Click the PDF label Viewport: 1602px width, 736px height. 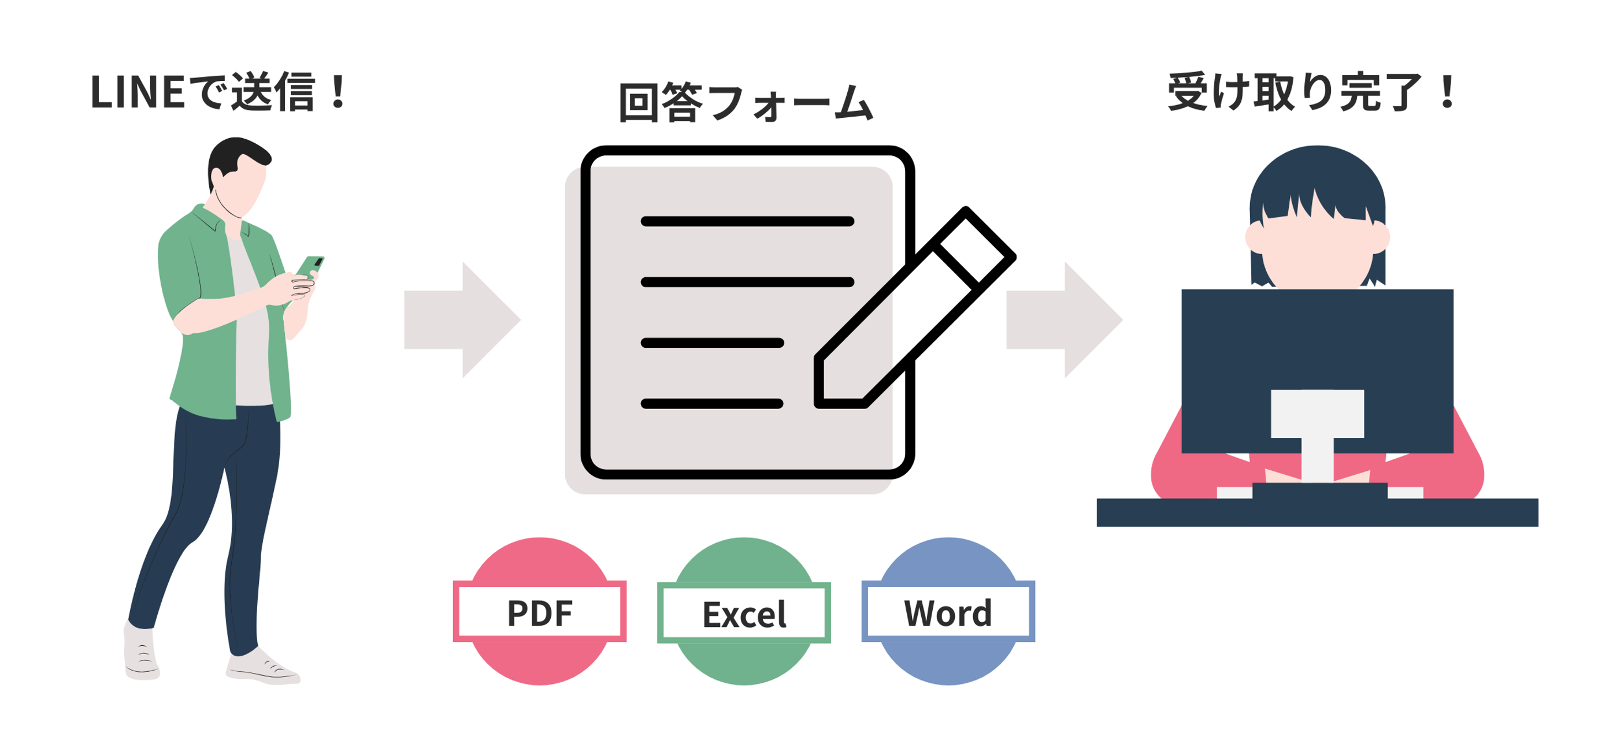(x=539, y=612)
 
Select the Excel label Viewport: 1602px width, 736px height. (x=744, y=614)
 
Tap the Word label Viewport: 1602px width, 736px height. (x=948, y=612)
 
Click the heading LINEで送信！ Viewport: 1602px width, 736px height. (x=218, y=92)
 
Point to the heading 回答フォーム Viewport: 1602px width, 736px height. (x=746, y=103)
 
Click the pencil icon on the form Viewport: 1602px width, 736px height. (x=914, y=308)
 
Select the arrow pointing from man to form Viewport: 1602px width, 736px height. (x=462, y=319)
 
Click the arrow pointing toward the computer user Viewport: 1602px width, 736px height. (x=1064, y=319)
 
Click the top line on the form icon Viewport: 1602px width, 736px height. (x=747, y=221)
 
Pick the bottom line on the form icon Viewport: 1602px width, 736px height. (x=711, y=403)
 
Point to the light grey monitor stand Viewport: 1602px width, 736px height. (x=1317, y=435)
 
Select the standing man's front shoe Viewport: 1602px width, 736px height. (x=261, y=668)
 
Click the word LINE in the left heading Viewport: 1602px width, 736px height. (x=137, y=92)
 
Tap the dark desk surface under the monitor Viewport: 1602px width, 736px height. (x=1317, y=512)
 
